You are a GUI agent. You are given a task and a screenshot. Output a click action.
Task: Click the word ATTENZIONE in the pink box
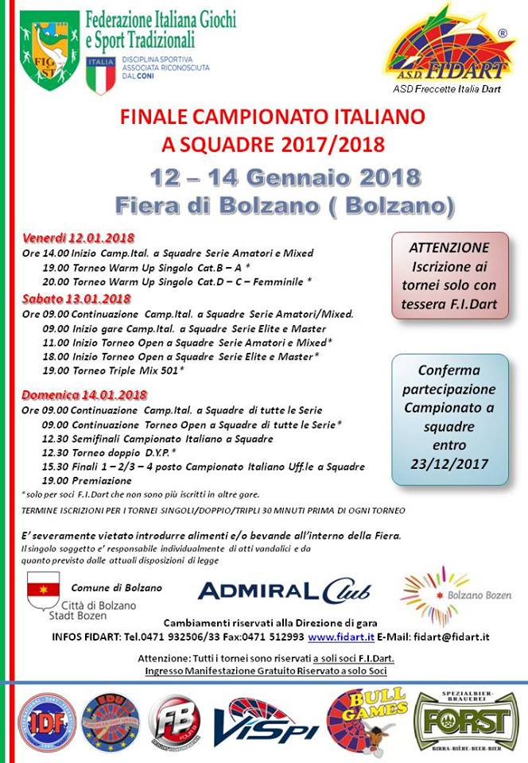click(x=449, y=248)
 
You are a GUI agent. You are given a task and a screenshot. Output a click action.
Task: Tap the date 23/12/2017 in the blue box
click(x=449, y=462)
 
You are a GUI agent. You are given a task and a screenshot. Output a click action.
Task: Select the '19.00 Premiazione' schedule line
click(x=87, y=481)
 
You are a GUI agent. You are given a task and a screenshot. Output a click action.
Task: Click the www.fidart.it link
click(x=343, y=637)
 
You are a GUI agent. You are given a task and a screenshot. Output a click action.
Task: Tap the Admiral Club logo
click(x=284, y=590)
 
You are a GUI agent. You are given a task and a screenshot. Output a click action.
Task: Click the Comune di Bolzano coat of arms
click(x=42, y=589)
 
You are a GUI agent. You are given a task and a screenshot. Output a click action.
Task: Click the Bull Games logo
click(x=367, y=718)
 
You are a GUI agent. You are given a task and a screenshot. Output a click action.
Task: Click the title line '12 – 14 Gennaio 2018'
click(x=284, y=176)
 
